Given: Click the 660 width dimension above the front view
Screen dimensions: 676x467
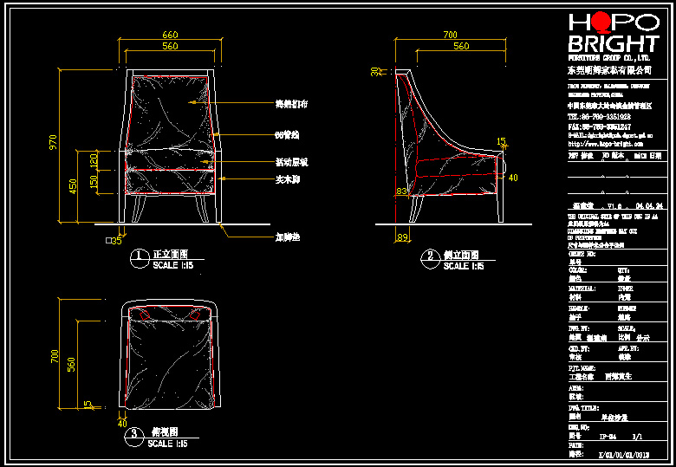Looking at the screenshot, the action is pos(170,36).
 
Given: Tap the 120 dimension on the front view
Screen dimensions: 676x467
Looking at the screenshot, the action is pos(94,161).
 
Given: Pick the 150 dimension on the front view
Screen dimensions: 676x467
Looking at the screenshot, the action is pos(94,184).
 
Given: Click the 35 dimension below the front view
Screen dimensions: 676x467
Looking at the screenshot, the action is pos(113,241).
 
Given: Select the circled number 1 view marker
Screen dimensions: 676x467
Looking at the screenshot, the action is pos(138,256).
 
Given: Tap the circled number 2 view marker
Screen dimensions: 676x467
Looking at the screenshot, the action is pos(430,256).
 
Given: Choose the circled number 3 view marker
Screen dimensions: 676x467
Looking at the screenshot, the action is pos(132,433).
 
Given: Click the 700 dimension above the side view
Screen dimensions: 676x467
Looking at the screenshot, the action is pos(450,36).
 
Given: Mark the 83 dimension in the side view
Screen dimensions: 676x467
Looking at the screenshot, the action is pos(402,191).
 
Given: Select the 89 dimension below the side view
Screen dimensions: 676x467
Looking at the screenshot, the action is pos(401,237).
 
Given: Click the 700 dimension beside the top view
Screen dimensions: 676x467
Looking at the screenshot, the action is pos(54,356).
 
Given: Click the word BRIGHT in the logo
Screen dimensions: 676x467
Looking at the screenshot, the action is pos(612,44).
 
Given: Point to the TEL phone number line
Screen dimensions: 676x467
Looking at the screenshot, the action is pos(599,115).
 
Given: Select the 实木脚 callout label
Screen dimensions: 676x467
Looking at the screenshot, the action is pos(287,178).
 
